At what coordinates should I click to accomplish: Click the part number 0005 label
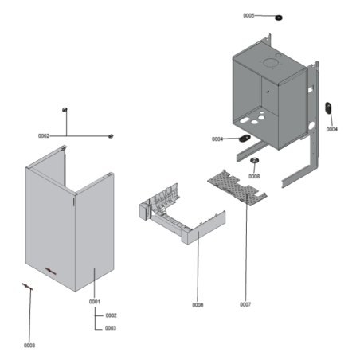248,15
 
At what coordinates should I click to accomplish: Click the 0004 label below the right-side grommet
331,129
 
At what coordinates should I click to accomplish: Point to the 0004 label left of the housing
217,139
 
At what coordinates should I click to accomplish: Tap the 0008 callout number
254,176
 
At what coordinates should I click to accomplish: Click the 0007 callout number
245,304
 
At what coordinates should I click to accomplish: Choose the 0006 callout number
198,304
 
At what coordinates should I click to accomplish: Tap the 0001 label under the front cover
94,302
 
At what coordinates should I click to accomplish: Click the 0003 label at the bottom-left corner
29,345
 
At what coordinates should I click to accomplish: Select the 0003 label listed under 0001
111,327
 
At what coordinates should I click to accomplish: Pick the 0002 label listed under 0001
111,315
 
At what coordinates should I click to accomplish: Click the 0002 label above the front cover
44,135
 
